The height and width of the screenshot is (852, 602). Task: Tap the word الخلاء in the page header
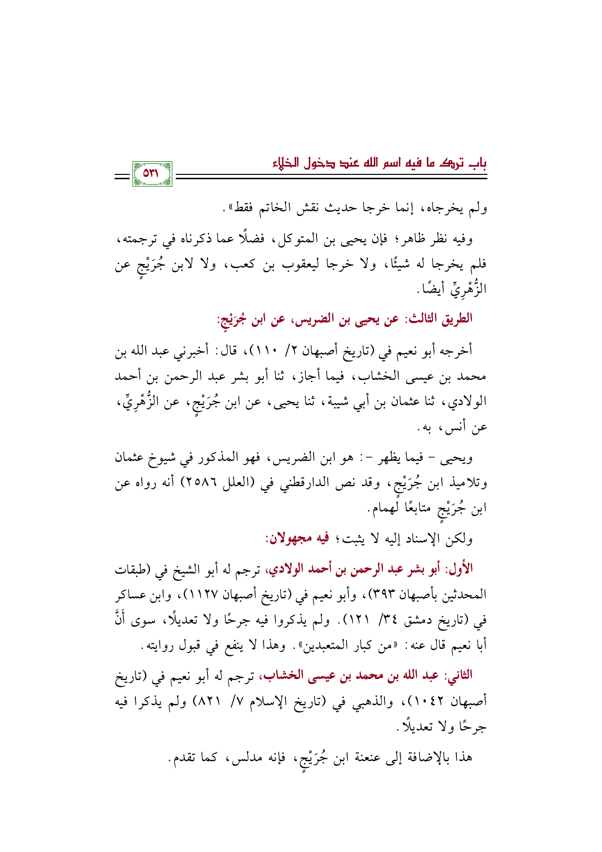286,164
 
